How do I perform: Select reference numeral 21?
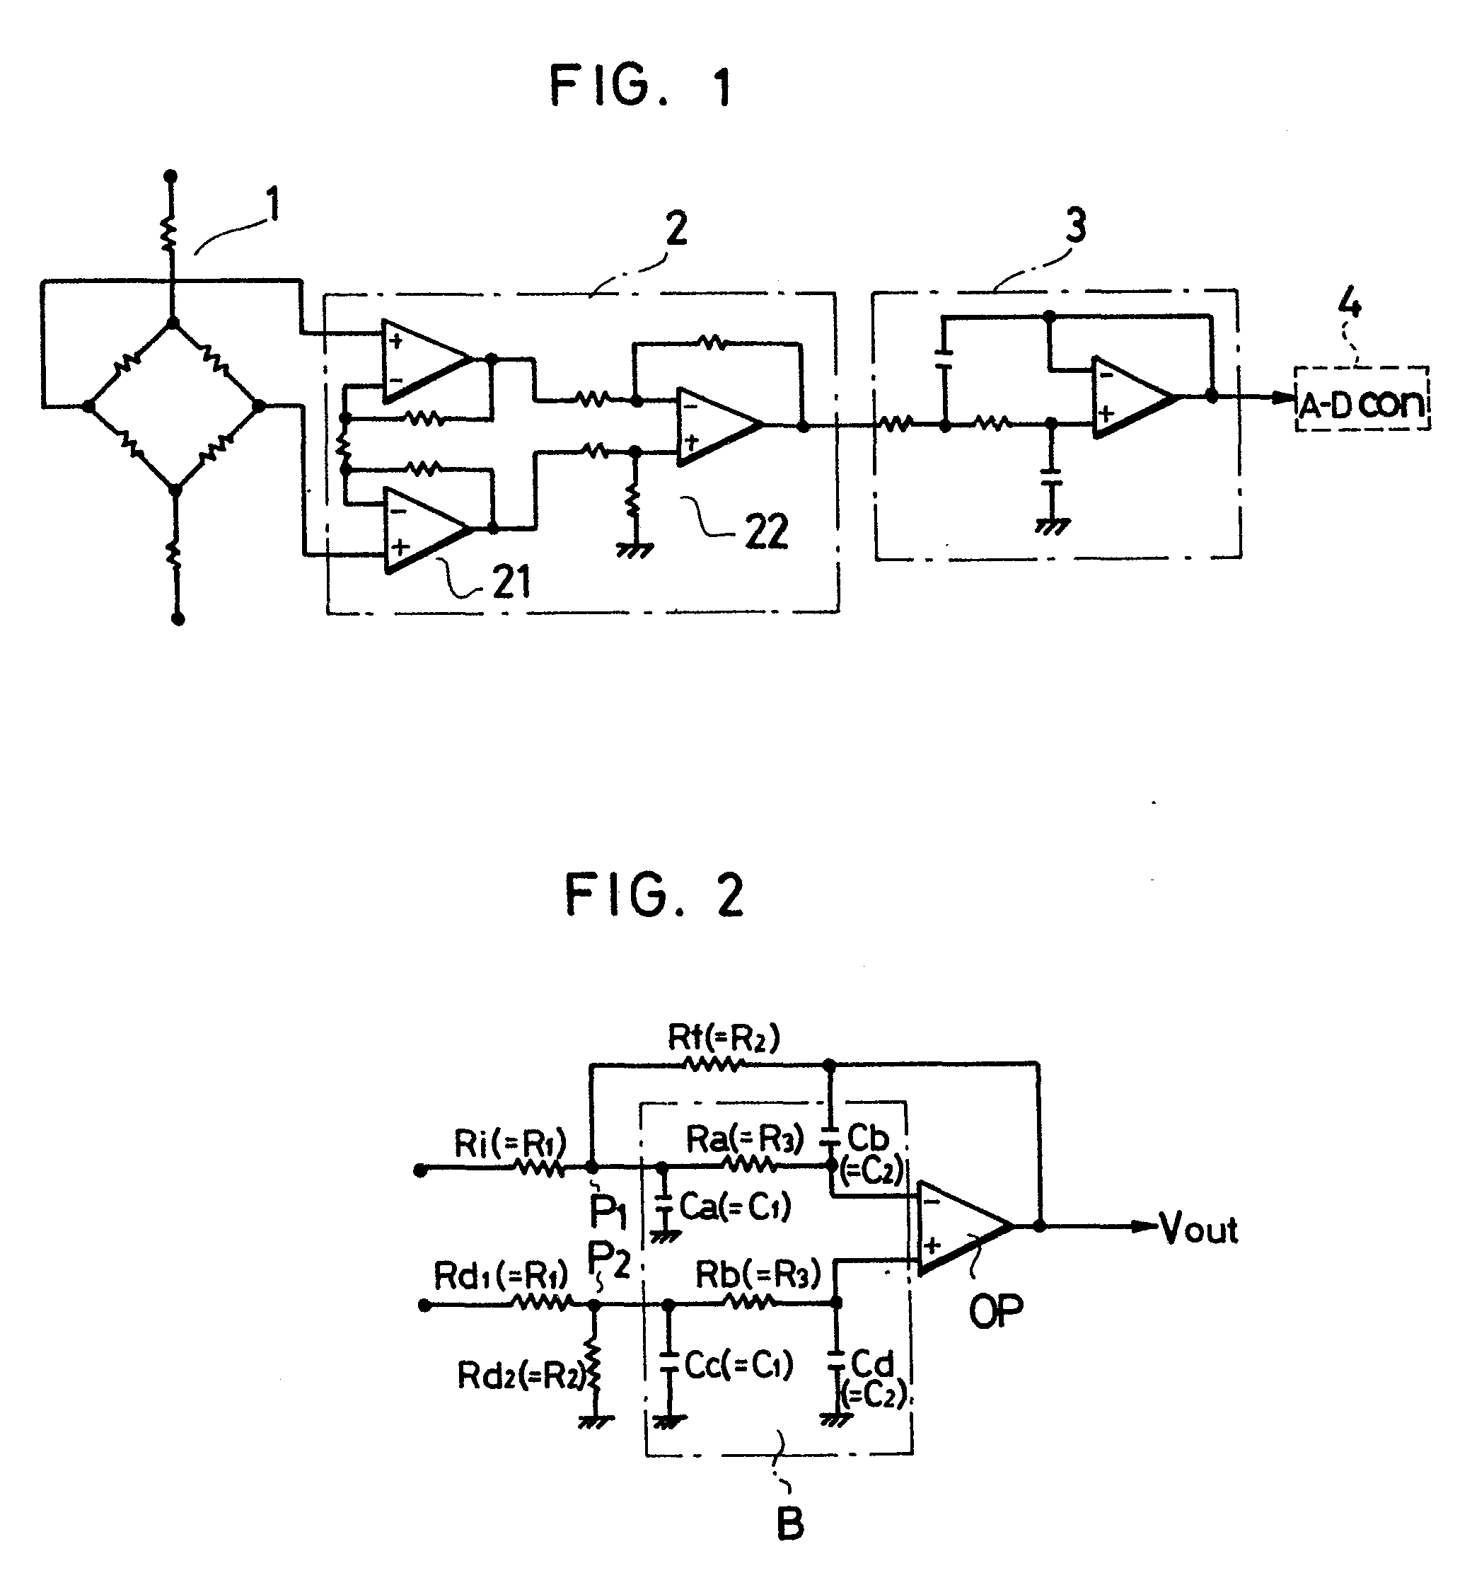pyautogui.click(x=511, y=581)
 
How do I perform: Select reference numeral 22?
pyautogui.click(x=766, y=531)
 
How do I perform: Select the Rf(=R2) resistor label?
pyautogui.click(x=723, y=1037)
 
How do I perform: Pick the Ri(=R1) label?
pyautogui.click(x=510, y=1143)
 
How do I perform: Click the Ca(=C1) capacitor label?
pyautogui.click(x=734, y=1206)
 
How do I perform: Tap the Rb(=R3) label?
pyautogui.click(x=758, y=1274)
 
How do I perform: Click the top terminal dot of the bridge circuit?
pyautogui.click(x=170, y=176)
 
